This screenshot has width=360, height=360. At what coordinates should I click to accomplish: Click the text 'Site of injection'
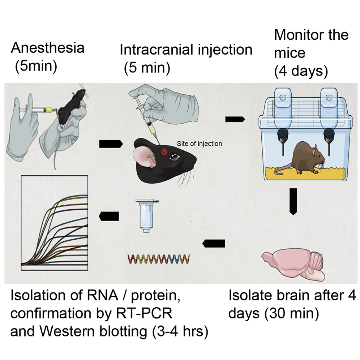click(199, 143)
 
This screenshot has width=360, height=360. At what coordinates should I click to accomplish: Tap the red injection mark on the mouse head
click(163, 150)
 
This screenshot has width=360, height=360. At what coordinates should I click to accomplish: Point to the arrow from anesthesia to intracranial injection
click(109, 144)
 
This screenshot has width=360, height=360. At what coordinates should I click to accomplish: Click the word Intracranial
click(155, 50)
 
